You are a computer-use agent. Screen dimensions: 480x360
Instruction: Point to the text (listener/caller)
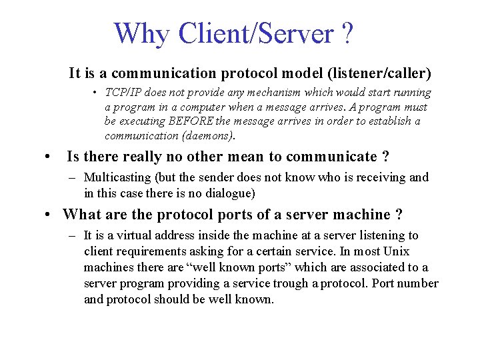coord(377,73)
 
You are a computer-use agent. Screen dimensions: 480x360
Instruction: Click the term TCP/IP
coord(124,93)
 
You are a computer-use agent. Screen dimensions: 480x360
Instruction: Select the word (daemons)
coord(208,136)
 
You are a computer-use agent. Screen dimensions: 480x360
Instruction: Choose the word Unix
coord(397,251)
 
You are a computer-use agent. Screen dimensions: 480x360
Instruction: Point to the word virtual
coord(141,235)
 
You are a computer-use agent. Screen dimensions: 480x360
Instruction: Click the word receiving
coord(382,177)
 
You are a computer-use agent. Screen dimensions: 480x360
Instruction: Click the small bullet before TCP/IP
coord(97,93)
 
